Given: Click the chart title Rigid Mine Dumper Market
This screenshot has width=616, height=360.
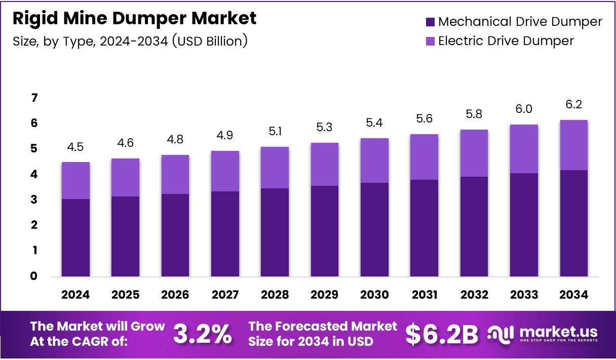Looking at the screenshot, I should click(x=134, y=19).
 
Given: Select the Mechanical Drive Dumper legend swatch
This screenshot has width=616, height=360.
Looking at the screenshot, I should click(x=430, y=22).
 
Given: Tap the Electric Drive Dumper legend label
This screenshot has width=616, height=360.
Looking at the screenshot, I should click(x=506, y=41).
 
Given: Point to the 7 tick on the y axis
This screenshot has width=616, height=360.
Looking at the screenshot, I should click(x=34, y=98).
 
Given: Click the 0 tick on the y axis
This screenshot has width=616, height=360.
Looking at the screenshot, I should click(x=34, y=276).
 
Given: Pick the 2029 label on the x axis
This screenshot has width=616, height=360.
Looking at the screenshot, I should click(x=324, y=295).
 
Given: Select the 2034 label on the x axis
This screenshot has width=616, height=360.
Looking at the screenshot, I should click(x=574, y=295).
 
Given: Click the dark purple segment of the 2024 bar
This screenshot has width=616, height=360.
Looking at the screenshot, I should click(x=75, y=238).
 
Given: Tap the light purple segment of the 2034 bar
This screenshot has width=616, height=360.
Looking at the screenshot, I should click(x=574, y=145).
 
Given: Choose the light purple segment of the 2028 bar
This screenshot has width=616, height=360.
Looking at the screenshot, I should click(x=275, y=167).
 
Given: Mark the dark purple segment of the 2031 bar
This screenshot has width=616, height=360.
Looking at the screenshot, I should click(x=424, y=228).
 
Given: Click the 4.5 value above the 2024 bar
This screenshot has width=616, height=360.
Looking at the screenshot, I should click(x=75, y=147).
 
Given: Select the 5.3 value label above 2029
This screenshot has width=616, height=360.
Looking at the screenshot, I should click(x=324, y=128).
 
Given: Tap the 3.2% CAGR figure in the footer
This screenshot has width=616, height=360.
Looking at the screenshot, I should click(x=203, y=334).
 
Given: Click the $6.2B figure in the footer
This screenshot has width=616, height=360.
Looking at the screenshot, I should click(x=442, y=334).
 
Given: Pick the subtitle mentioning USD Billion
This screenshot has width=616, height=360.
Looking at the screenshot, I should click(x=130, y=41).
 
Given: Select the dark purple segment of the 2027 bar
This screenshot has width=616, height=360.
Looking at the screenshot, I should click(x=225, y=234).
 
